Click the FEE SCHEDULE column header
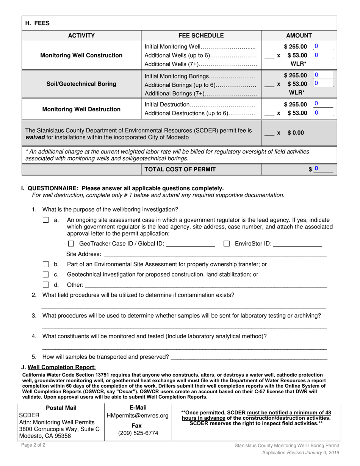click(201, 36)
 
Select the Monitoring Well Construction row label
click(81, 55)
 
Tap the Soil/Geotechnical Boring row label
click(81, 84)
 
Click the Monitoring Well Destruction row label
click(81, 109)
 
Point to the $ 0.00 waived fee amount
click(295, 133)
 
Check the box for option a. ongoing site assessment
click(46, 220)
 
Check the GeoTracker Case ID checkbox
click(71, 244)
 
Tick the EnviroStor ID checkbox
click(227, 244)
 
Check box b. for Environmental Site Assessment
click(46, 264)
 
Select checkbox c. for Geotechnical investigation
click(46, 274)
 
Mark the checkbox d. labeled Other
click(46, 285)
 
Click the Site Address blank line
click(215, 254)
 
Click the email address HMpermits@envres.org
click(138, 416)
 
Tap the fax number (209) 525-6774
click(138, 433)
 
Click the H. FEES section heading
click(37, 23)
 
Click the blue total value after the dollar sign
click(316, 169)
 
